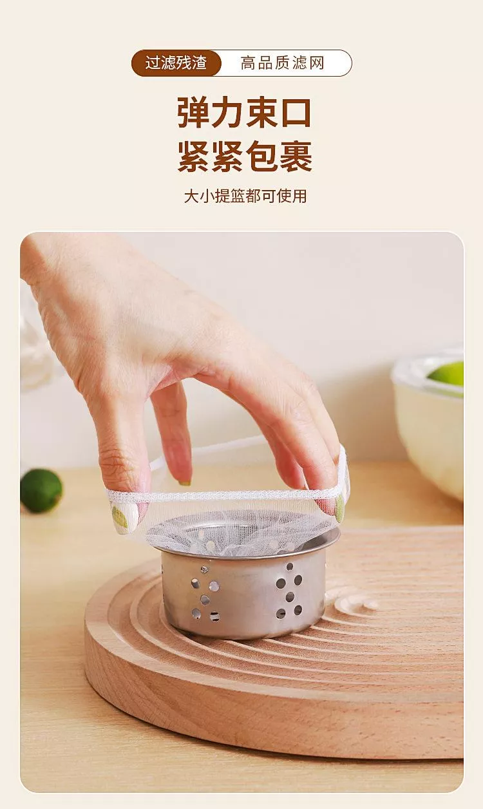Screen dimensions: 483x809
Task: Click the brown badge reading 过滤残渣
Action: tap(176, 63)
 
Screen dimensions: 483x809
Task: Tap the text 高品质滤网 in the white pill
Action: tap(282, 63)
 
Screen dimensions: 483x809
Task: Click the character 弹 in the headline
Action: tap(194, 112)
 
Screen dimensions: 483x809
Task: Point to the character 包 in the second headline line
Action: tap(261, 157)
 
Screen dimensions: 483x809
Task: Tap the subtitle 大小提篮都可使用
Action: tap(245, 196)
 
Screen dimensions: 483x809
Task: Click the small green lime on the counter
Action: tap(41, 490)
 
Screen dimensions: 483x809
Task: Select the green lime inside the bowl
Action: tap(446, 374)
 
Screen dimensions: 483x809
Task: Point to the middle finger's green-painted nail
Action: tap(184, 483)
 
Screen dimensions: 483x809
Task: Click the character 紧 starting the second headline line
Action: tap(194, 157)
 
